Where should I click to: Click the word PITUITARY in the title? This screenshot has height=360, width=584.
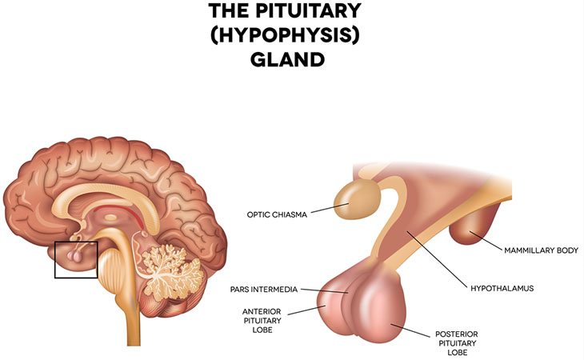(x=309, y=10)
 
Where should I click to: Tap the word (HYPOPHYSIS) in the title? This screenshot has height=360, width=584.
(x=286, y=35)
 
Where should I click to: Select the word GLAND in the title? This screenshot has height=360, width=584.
(x=287, y=59)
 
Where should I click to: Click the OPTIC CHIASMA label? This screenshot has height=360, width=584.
(x=277, y=214)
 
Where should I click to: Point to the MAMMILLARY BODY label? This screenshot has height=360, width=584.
(x=541, y=250)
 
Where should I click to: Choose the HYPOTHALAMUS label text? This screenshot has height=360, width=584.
(x=502, y=288)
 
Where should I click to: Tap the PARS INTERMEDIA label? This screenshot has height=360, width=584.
(x=264, y=290)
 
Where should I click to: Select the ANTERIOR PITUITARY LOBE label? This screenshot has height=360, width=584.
(x=262, y=321)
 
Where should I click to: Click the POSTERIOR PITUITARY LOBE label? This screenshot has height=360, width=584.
(x=457, y=343)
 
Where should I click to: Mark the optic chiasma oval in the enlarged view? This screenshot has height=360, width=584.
(x=357, y=199)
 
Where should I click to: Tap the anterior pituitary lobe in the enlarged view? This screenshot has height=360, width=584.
(x=333, y=307)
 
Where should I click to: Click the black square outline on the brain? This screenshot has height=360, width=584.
(x=55, y=260)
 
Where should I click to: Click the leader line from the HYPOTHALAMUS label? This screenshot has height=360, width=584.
(x=437, y=259)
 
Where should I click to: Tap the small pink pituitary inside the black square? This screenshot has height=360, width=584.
(x=75, y=256)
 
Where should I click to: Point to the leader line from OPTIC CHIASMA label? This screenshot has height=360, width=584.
(x=330, y=208)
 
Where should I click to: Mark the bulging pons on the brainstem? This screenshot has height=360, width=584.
(x=109, y=267)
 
